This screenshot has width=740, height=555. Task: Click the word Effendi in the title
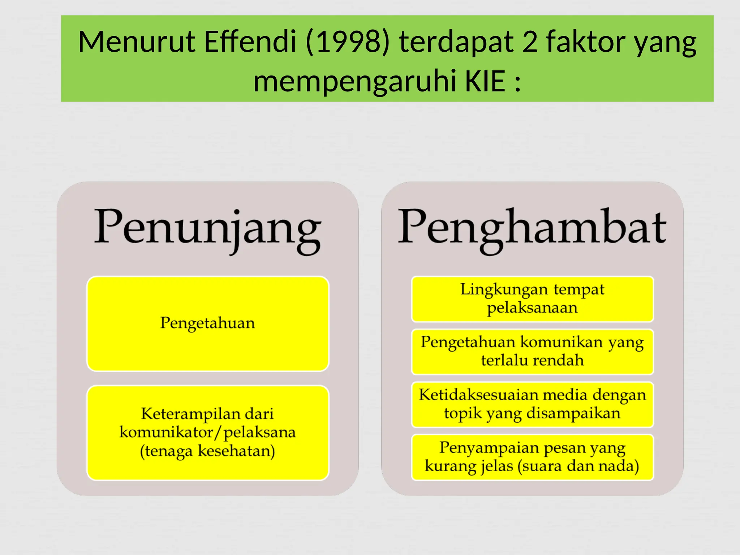(250, 42)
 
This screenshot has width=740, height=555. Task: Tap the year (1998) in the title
(348, 42)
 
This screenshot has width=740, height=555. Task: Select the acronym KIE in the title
(485, 81)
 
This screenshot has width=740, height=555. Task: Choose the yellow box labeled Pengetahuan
(208, 324)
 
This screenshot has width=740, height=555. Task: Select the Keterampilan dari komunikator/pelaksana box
(208, 433)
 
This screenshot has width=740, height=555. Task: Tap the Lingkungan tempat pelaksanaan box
(532, 299)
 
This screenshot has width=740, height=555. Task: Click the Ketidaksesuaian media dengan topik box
(532, 404)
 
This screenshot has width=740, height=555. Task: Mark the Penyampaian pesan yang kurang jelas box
(532, 457)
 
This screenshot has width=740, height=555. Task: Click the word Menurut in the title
(137, 42)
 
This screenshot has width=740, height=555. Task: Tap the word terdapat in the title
(456, 42)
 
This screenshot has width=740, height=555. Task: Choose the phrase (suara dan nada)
(578, 466)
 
